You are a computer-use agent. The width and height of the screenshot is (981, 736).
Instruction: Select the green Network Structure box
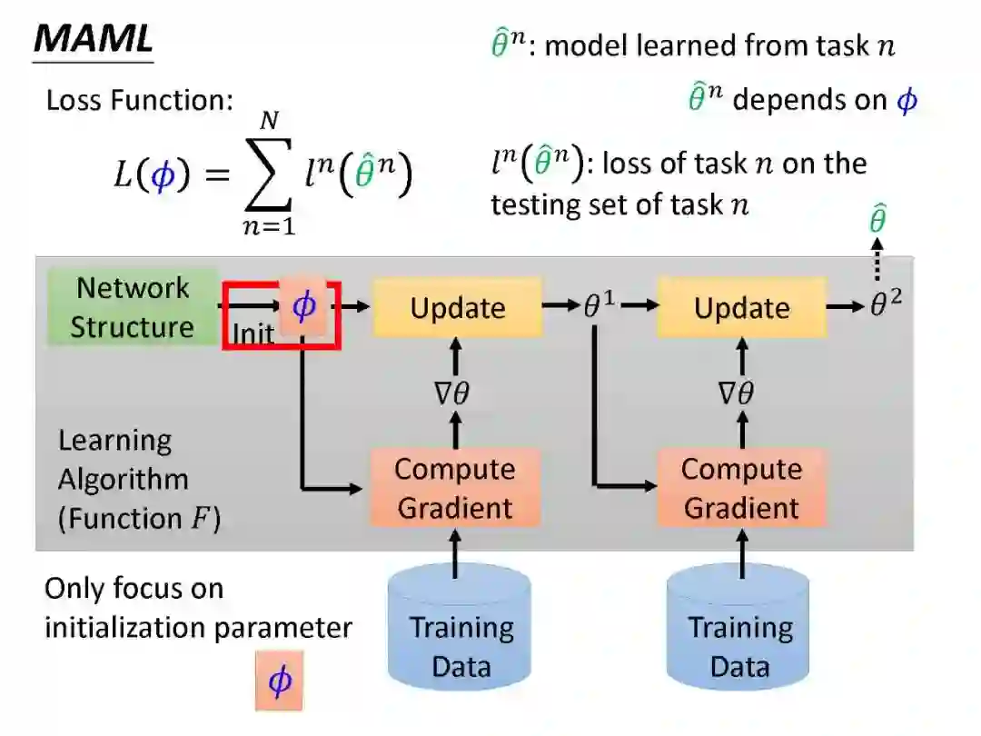[x=133, y=307]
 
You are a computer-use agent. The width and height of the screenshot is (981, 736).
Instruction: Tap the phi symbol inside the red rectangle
[x=303, y=306]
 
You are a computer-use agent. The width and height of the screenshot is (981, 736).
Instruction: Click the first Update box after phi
[x=457, y=308]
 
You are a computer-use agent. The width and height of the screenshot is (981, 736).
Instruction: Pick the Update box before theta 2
[x=741, y=308]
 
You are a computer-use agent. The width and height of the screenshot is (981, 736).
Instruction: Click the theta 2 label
[x=886, y=305]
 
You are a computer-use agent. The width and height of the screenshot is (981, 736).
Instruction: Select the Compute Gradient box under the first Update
[x=455, y=488]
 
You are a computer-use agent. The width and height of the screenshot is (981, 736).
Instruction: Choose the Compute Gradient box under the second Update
[x=741, y=488]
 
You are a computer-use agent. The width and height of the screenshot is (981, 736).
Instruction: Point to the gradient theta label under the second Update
[x=738, y=393]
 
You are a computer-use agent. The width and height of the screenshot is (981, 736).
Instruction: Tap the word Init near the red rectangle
[x=253, y=333]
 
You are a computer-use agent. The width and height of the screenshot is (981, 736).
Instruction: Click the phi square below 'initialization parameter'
[x=279, y=680]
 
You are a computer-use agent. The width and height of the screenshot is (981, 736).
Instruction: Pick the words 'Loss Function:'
[x=140, y=100]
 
